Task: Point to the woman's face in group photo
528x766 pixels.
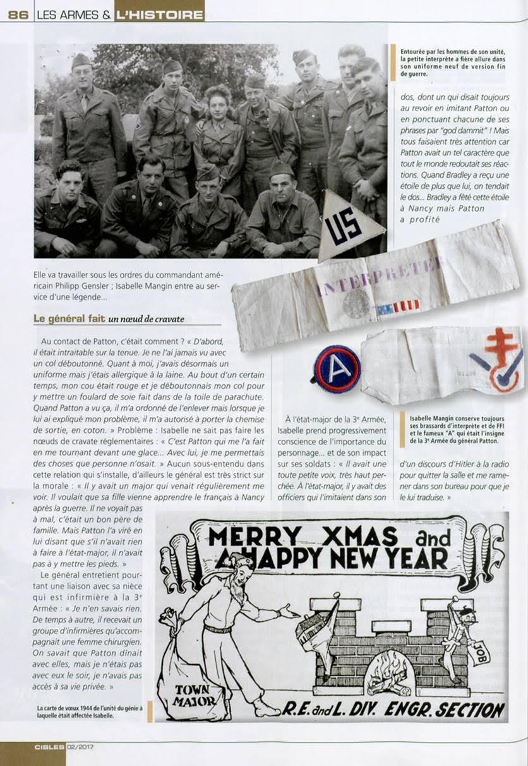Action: pos(219,103)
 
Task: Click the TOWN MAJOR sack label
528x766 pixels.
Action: pos(191,693)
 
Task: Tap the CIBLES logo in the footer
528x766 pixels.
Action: pos(49,746)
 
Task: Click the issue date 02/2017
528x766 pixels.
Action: pos(81,746)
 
